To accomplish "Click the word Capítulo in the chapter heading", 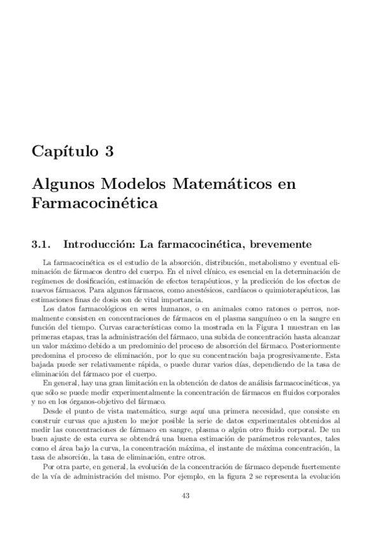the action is (x=61, y=153).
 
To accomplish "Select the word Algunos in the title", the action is (x=59, y=185).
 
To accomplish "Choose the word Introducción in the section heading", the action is (x=99, y=243).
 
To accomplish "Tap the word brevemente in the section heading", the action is (x=281, y=243).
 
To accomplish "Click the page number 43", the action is (x=186, y=496).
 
